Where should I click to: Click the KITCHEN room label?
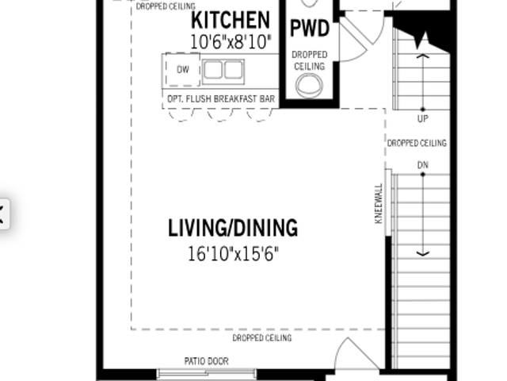[x=231, y=20]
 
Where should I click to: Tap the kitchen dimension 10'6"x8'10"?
[x=231, y=42]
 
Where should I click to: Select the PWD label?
[x=310, y=29]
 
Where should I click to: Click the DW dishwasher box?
[x=183, y=69]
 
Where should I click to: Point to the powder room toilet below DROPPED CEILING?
[x=309, y=86]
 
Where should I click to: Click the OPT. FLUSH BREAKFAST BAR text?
[x=221, y=98]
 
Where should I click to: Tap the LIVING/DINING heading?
[x=233, y=228]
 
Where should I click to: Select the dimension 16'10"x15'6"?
[x=233, y=254]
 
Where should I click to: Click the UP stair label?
[x=422, y=119]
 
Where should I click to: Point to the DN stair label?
[x=422, y=165]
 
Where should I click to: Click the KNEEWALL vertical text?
[x=379, y=203]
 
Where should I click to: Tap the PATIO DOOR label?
[x=206, y=361]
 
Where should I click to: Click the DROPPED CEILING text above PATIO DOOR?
[x=262, y=338]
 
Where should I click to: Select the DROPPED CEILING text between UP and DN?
[x=417, y=143]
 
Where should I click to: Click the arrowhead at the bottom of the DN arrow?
[x=422, y=254]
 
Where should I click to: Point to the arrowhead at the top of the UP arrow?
[x=422, y=56]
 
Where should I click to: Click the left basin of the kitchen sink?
[x=213, y=70]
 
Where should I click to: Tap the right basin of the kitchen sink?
[x=234, y=70]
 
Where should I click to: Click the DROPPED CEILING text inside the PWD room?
[x=310, y=60]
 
